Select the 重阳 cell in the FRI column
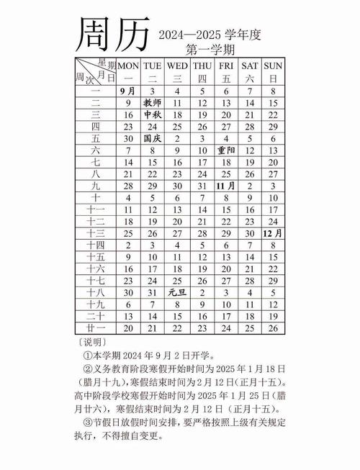click(x=226, y=150)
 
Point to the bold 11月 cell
click(x=226, y=186)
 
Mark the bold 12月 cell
click(x=273, y=233)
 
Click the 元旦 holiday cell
click(x=177, y=292)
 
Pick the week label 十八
click(x=96, y=292)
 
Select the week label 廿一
click(x=96, y=327)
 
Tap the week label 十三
click(x=96, y=233)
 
